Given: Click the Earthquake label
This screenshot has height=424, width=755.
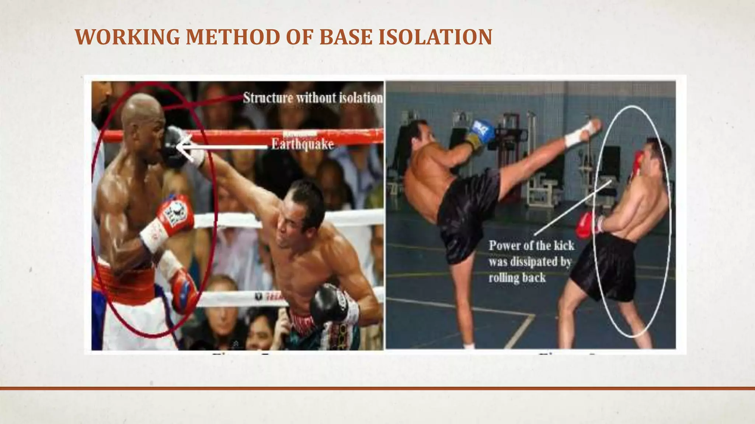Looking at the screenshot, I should pyautogui.click(x=302, y=144).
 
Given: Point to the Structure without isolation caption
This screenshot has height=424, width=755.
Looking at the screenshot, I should pyautogui.click(x=313, y=98).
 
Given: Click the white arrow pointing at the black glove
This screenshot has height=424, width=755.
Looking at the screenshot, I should pyautogui.click(x=221, y=147).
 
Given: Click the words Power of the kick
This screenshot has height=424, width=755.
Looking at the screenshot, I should pyautogui.click(x=531, y=245).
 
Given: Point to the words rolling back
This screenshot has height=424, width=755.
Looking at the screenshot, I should pyautogui.click(x=517, y=278).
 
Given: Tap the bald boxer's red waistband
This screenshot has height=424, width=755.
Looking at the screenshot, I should pyautogui.click(x=123, y=282).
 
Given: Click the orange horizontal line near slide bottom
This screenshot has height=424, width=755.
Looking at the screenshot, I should pyautogui.click(x=377, y=388).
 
